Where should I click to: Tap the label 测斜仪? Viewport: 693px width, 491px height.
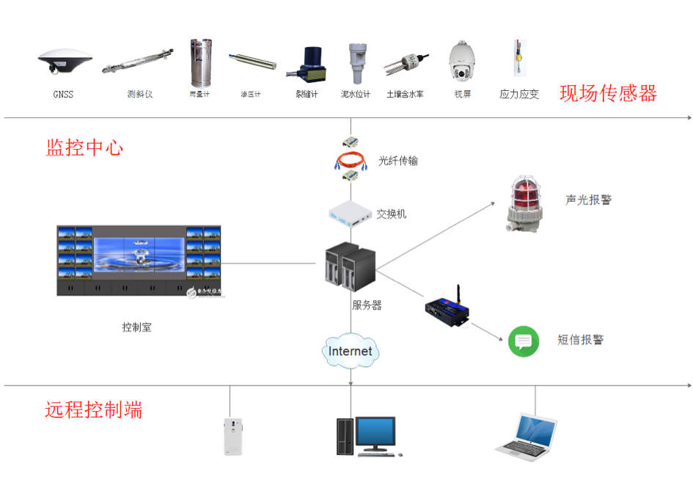pyautogui.click(x=139, y=95)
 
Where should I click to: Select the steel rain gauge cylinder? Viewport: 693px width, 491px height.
pyautogui.click(x=196, y=62)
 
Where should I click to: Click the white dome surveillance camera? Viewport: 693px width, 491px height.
pyautogui.click(x=461, y=61)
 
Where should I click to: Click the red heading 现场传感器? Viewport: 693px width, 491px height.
pyautogui.click(x=608, y=93)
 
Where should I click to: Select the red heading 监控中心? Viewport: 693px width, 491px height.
pyautogui.click(x=84, y=148)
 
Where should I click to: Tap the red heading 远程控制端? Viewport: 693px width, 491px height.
pyautogui.click(x=93, y=410)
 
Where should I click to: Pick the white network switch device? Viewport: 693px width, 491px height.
pyautogui.click(x=351, y=213)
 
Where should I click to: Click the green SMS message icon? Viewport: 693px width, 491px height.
pyautogui.click(x=524, y=341)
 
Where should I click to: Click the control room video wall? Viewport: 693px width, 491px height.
pyautogui.click(x=139, y=261)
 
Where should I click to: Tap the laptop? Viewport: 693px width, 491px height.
pyautogui.click(x=526, y=434)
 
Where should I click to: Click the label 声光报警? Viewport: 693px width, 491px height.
pyautogui.click(x=588, y=199)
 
